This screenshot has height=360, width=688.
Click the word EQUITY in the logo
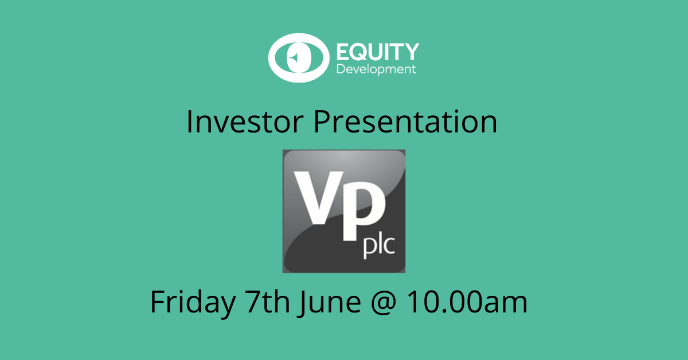coord(378,52)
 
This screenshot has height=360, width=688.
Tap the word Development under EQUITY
coord(376,69)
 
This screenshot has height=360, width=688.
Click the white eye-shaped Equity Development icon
coord(299,58)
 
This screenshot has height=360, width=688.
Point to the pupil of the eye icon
coord(299,58)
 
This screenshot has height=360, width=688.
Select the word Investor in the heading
coord(245,122)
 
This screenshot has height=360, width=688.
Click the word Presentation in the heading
coord(405,122)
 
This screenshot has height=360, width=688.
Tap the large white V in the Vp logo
coord(319,198)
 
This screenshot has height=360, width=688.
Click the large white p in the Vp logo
coord(363,211)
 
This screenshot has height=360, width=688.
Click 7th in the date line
coord(267,302)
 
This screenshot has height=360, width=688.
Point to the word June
coord(329,303)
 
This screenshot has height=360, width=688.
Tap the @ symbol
coord(384,303)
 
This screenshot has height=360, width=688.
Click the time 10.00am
coord(467,302)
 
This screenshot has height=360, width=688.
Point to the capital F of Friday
coord(157,302)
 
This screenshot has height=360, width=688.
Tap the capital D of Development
coord(341,69)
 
